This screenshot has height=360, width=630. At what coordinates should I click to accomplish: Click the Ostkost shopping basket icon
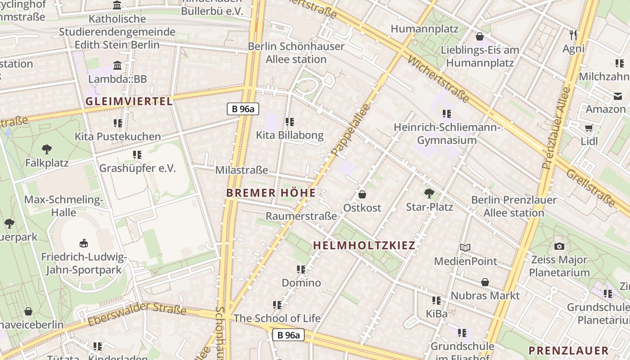click(x=362, y=194)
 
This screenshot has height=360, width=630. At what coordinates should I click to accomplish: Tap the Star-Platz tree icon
click(x=429, y=193)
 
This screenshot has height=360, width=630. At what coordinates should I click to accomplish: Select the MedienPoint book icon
click(x=465, y=247)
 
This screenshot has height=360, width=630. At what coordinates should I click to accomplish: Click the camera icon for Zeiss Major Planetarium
click(x=559, y=246)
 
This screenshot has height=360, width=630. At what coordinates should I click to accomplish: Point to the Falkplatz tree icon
click(x=46, y=149)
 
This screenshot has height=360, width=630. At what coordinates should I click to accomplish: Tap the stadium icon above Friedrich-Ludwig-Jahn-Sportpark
click(x=83, y=243)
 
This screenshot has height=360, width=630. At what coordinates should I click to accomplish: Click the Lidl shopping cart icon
click(x=589, y=128)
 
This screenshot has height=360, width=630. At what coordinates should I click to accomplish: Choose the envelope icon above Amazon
click(x=617, y=96)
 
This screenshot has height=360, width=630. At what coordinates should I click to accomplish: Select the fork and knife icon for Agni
click(x=573, y=35)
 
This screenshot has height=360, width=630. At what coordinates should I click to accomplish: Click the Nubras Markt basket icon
click(x=485, y=282)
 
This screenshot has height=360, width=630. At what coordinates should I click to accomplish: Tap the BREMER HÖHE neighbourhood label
click(x=271, y=193)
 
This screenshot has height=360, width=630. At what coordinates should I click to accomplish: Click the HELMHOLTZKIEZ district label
click(x=364, y=245)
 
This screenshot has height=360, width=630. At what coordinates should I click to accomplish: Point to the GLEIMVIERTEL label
click(x=129, y=101)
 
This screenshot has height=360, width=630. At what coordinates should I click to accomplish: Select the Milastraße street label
click(x=242, y=170)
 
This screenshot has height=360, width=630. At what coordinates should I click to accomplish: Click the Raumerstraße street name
click(x=301, y=216)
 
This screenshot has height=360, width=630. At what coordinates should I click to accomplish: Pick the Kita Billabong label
click(x=290, y=135)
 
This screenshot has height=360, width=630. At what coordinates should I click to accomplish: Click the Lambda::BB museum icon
click(x=117, y=66)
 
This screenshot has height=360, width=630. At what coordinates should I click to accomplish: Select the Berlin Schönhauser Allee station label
click(x=296, y=53)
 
